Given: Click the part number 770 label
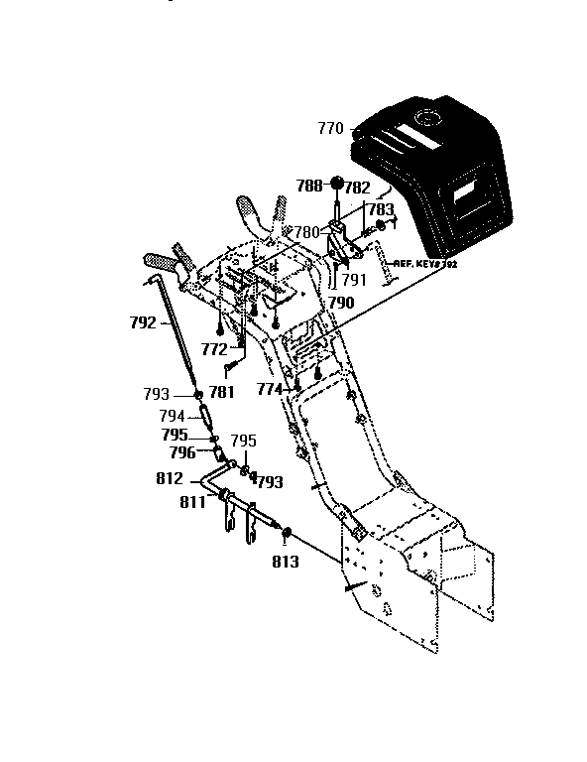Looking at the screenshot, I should pyautogui.click(x=330, y=128).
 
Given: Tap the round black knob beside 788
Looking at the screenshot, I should pyautogui.click(x=337, y=185).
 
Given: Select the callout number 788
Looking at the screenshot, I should pyautogui.click(x=309, y=186).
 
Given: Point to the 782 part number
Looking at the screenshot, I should pyautogui.click(x=358, y=187).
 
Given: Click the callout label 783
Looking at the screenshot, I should pyautogui.click(x=381, y=209).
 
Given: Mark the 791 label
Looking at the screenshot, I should pyautogui.click(x=353, y=280).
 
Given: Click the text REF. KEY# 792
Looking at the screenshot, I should pyautogui.click(x=425, y=265).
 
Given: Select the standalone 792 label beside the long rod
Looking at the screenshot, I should pyautogui.click(x=144, y=321).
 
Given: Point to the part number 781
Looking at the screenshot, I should pyautogui.click(x=222, y=392).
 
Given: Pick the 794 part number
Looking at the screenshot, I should pyautogui.click(x=174, y=416).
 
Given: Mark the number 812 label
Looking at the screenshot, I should pyautogui.click(x=170, y=478).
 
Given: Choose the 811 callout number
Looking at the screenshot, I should pyautogui.click(x=192, y=502).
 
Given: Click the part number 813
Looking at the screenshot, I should pyautogui.click(x=285, y=562).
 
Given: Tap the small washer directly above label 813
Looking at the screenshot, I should pyautogui.click(x=287, y=534).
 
